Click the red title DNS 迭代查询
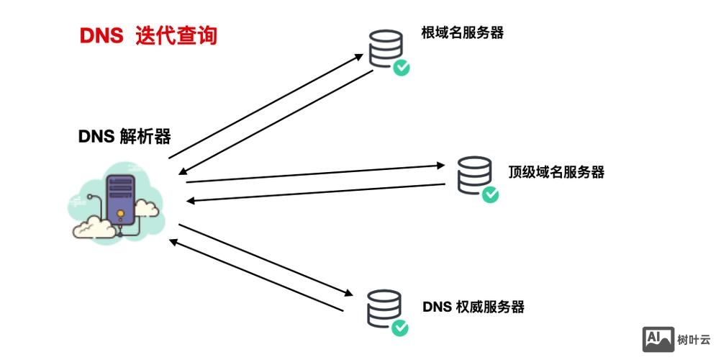point(148,35)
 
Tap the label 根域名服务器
point(462,32)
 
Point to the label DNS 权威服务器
point(473,307)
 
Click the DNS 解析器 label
point(124,136)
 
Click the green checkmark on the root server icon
point(402,68)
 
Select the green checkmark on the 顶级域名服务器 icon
point(490,194)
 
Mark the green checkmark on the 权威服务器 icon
point(399,328)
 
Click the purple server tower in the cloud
point(120,197)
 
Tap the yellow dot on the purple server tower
point(120,214)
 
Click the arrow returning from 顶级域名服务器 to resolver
point(320,192)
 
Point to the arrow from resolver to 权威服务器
point(266,260)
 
